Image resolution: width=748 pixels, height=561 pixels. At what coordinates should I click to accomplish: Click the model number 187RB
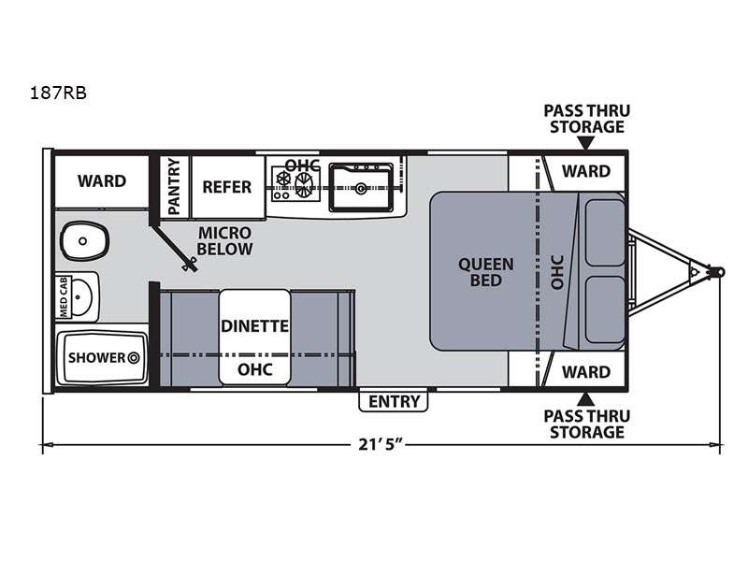[58, 93]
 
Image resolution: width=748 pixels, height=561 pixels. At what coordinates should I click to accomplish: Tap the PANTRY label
[174, 186]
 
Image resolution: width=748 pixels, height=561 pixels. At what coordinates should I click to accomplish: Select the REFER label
[226, 187]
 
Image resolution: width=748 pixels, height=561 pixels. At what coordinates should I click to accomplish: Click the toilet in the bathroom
[84, 241]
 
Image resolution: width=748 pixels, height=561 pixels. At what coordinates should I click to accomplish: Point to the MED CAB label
[64, 296]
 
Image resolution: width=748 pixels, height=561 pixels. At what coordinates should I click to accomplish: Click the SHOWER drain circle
[133, 357]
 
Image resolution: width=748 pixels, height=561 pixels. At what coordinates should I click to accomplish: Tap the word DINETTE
[254, 326]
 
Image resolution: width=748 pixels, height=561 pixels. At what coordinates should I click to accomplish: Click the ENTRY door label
[394, 402]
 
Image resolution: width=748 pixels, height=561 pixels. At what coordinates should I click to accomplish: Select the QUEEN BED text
[485, 272]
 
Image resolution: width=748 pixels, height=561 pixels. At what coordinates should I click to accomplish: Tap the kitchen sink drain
[361, 189]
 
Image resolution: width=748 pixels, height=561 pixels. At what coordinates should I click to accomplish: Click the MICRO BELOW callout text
[224, 241]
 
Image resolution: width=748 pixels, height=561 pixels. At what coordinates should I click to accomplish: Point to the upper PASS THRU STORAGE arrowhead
[586, 143]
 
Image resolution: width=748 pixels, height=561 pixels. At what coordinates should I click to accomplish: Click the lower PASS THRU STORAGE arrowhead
[586, 399]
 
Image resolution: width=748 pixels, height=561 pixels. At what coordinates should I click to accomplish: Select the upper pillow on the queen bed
[605, 233]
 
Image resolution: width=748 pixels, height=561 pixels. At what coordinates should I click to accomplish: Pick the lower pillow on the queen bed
[605, 309]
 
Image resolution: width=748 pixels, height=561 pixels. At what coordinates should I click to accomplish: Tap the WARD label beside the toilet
[102, 181]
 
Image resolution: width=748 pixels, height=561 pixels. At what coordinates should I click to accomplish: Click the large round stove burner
[304, 184]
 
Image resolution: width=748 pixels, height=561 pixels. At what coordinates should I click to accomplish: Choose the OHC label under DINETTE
[254, 369]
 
